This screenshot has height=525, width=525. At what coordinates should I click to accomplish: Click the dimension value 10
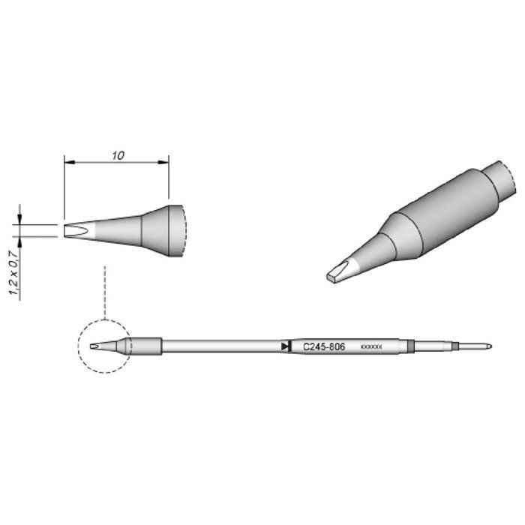(x=118, y=155)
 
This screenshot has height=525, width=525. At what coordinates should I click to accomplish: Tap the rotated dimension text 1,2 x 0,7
(x=15, y=273)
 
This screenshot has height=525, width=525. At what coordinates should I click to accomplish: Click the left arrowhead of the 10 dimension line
(x=69, y=163)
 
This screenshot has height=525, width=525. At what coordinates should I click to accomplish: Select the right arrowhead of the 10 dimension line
(x=163, y=163)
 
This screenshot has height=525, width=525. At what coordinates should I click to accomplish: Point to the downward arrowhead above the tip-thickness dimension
(x=19, y=220)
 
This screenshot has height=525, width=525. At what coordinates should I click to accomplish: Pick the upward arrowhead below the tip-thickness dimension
(x=19, y=241)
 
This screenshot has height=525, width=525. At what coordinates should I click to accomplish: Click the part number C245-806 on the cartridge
(x=324, y=346)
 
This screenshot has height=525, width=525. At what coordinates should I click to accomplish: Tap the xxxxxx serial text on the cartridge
(x=371, y=346)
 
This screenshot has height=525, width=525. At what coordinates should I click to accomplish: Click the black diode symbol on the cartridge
(x=286, y=346)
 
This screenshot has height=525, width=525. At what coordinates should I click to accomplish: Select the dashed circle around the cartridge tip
(x=78, y=346)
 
